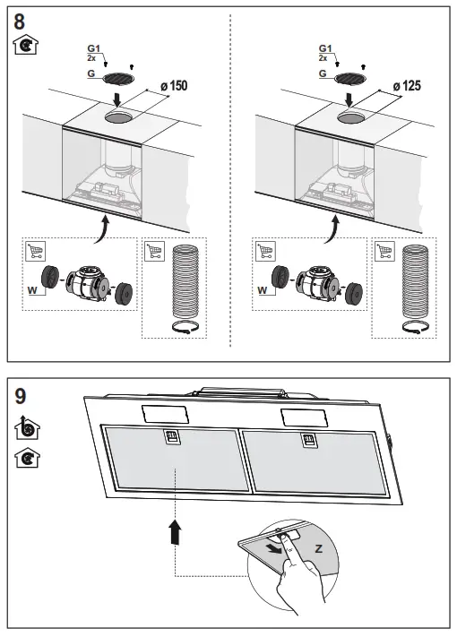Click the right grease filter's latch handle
(306, 439)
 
